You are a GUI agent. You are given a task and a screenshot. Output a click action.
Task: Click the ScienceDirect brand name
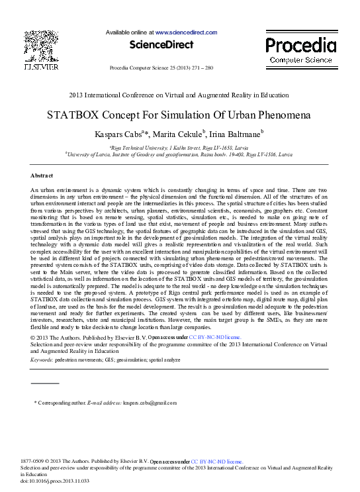click(161, 46)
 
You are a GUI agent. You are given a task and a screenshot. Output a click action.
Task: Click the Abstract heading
click(42, 175)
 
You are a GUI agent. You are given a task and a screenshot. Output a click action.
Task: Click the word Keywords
click(41, 360)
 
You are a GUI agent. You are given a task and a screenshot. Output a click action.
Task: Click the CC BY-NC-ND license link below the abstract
click(214, 338)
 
